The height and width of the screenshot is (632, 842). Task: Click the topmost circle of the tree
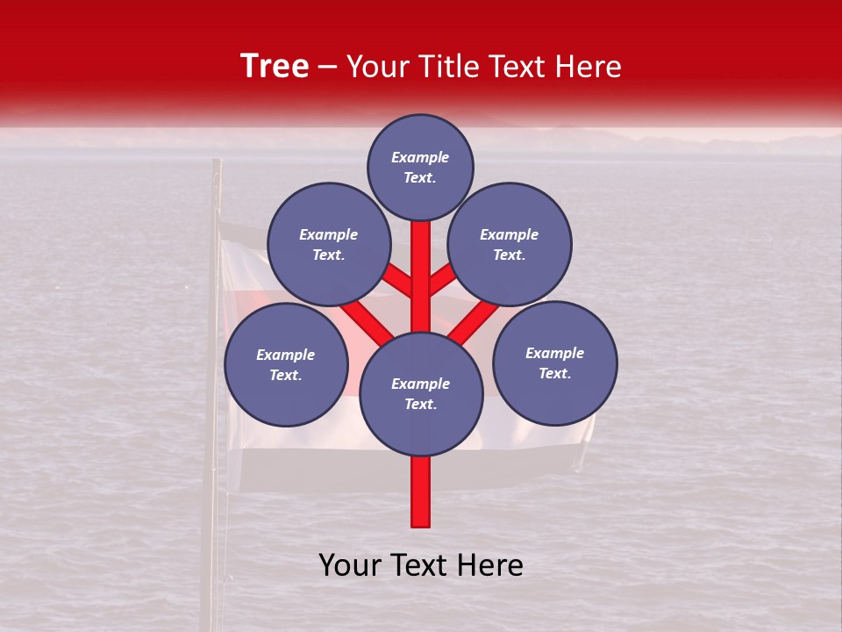pyautogui.click(x=420, y=168)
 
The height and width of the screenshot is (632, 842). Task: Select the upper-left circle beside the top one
pyautogui.click(x=329, y=245)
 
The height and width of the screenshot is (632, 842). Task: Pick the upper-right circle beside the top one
pyautogui.click(x=510, y=245)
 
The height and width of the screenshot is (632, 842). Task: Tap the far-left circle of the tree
pyautogui.click(x=286, y=365)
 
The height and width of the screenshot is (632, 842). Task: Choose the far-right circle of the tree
pyautogui.click(x=555, y=363)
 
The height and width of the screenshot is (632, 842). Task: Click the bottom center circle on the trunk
pyautogui.click(x=421, y=394)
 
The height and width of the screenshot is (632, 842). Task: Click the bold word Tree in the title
pyautogui.click(x=275, y=66)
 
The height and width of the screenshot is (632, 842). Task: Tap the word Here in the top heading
pyautogui.click(x=589, y=66)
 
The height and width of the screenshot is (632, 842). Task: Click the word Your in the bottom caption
pyautogui.click(x=350, y=565)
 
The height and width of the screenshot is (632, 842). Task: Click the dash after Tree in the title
pyautogui.click(x=327, y=67)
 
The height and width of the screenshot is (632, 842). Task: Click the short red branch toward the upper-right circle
pyautogui.click(x=443, y=279)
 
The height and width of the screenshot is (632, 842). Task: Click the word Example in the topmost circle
pyautogui.click(x=420, y=158)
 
